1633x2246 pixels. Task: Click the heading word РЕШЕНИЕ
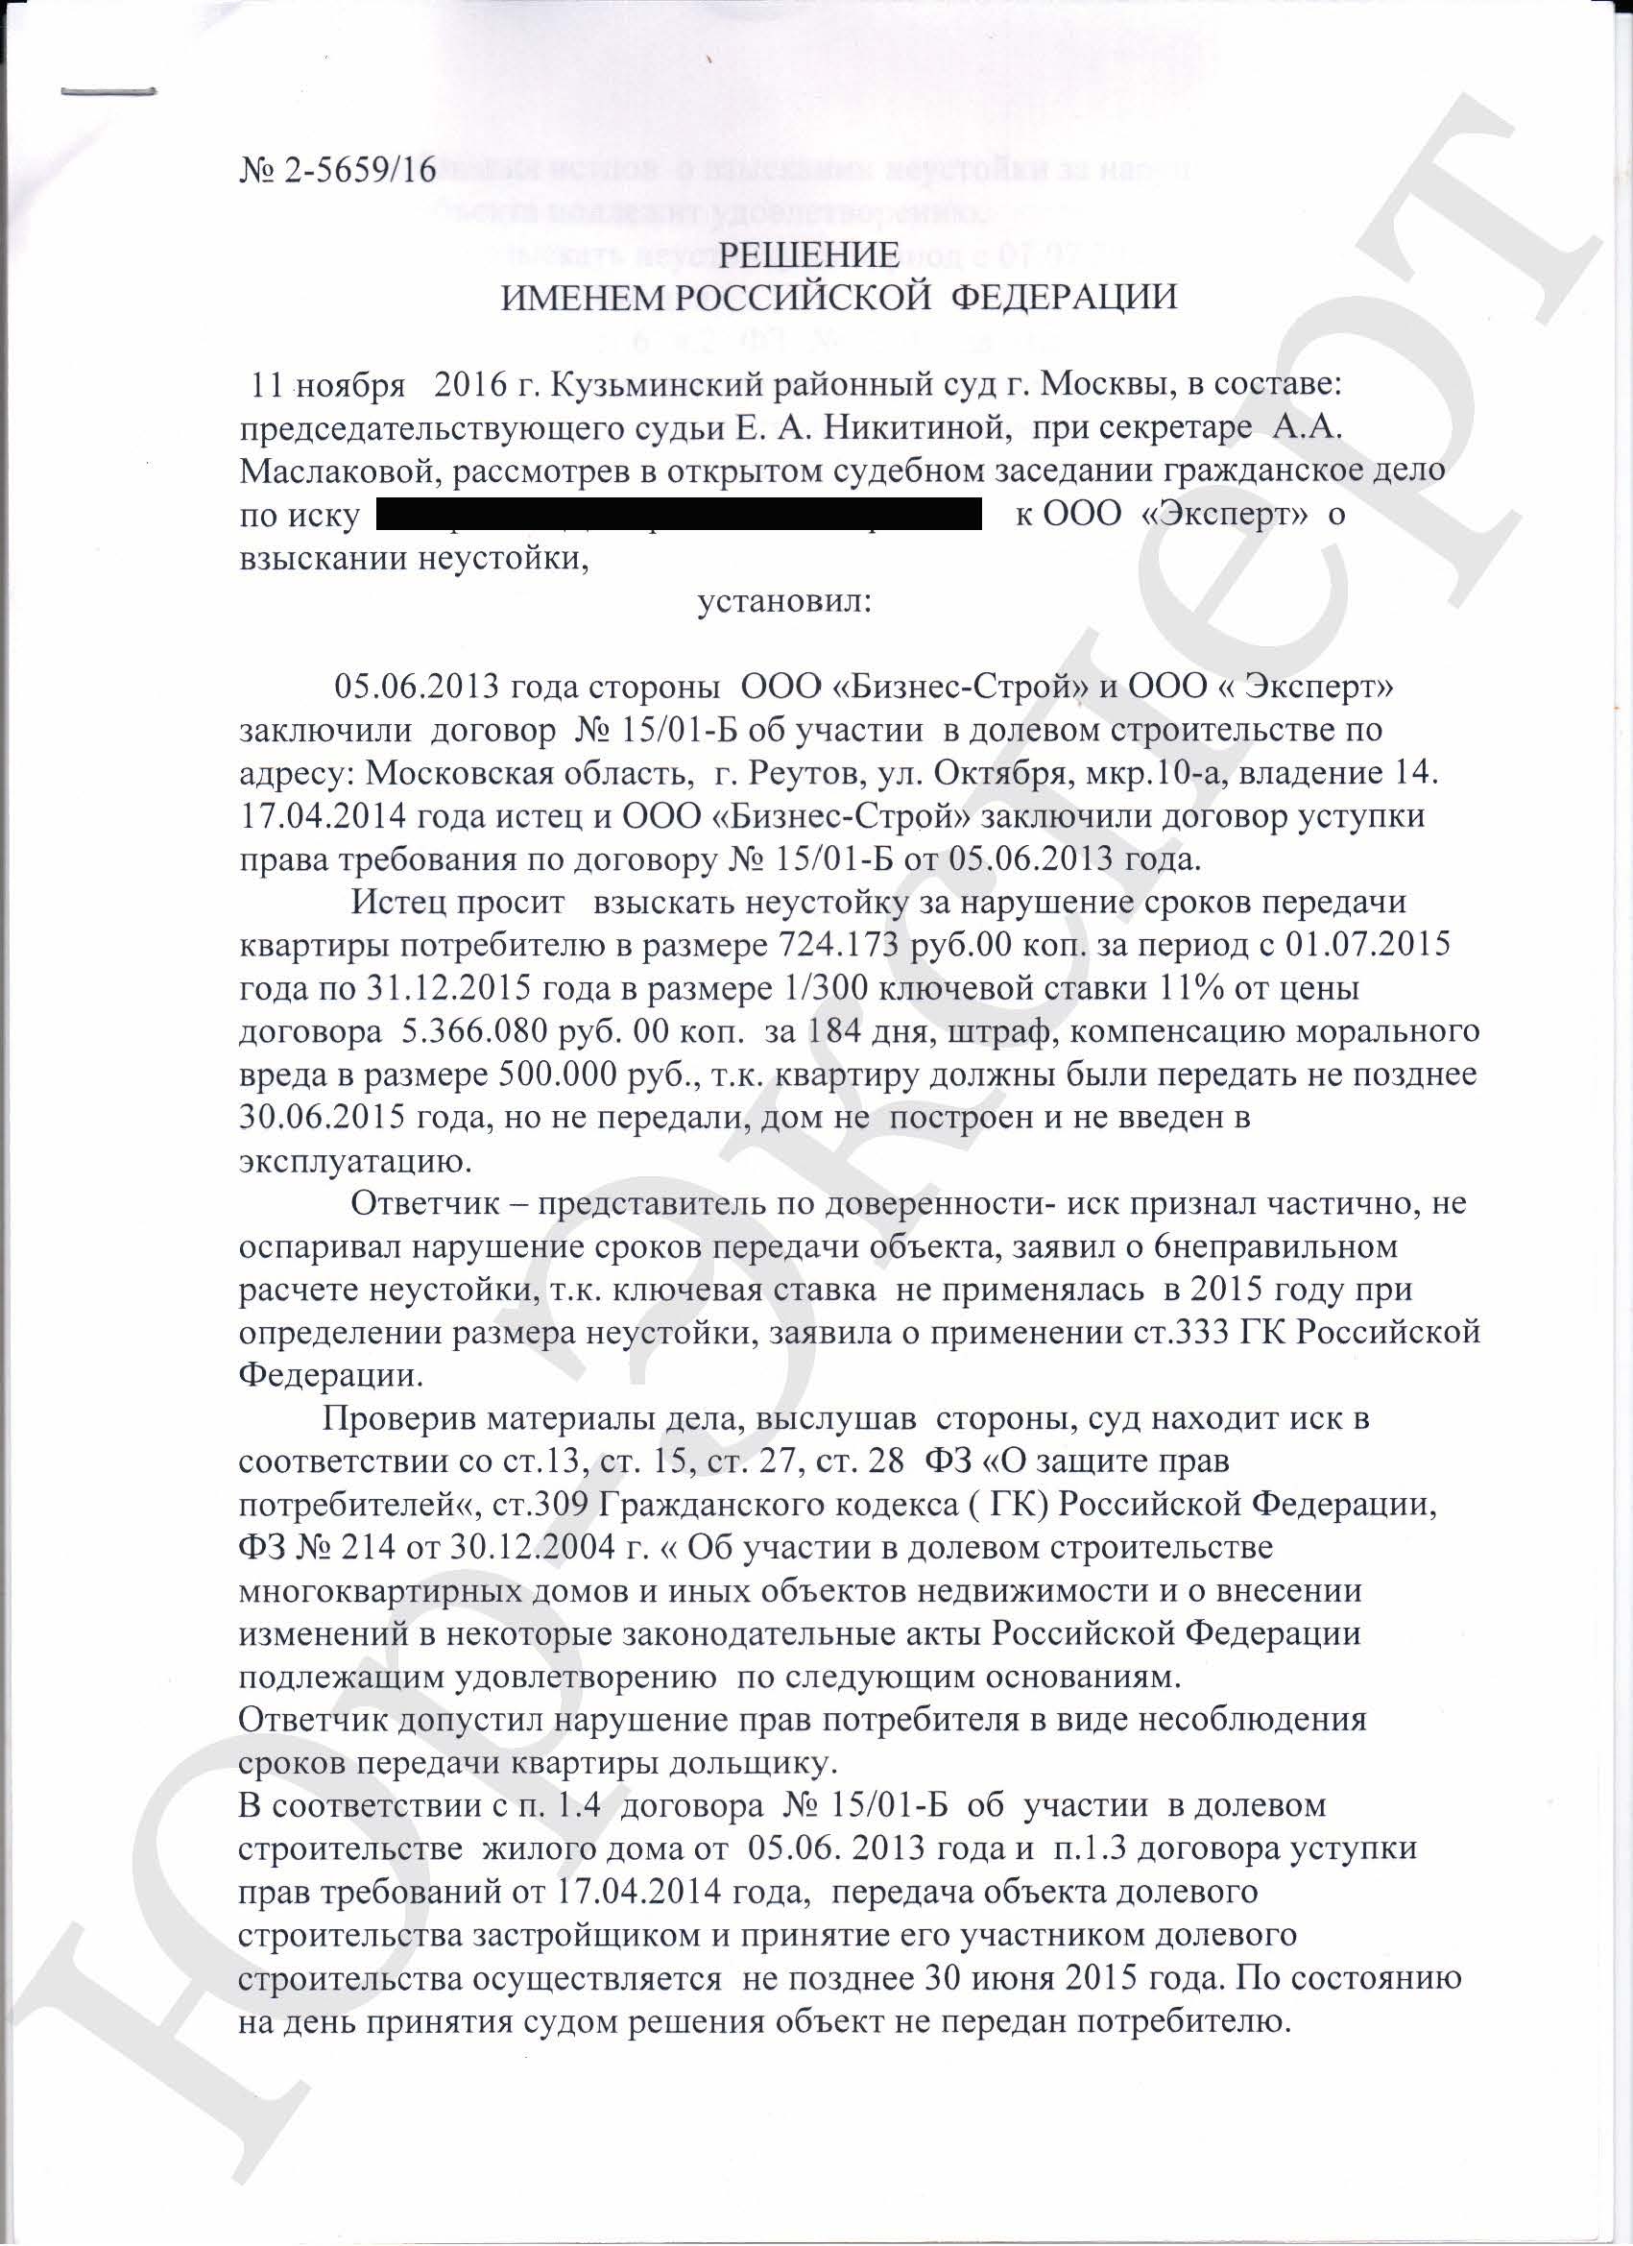[x=808, y=255]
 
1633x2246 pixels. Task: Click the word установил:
[x=784, y=601]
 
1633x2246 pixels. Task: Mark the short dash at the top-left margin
[x=108, y=93]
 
